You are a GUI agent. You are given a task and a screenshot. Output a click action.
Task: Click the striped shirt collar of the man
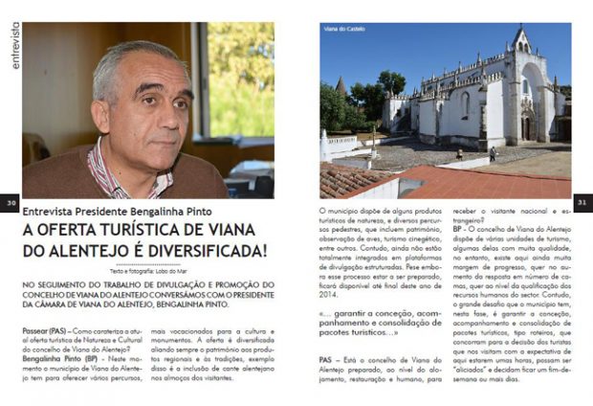point(110,172)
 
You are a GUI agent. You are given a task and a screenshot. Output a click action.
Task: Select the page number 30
point(11,203)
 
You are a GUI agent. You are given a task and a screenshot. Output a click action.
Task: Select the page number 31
point(582,203)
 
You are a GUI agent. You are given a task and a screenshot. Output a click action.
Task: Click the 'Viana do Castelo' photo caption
point(344,31)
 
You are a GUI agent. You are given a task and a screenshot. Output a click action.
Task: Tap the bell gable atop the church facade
point(519,40)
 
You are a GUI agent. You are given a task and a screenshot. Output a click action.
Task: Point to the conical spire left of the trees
point(340,86)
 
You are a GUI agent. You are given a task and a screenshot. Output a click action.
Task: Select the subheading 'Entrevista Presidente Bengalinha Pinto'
point(118,211)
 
